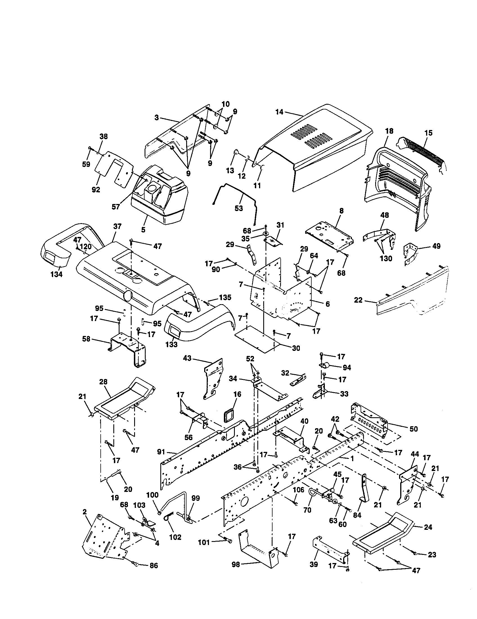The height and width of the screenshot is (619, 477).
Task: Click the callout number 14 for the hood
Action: pyautogui.click(x=279, y=112)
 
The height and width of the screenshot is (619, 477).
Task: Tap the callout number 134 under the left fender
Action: pyautogui.click(x=56, y=274)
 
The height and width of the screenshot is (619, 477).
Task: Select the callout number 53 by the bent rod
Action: pyautogui.click(x=239, y=208)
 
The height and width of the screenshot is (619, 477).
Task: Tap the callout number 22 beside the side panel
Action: pyautogui.click(x=358, y=300)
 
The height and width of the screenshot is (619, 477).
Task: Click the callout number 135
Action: pyautogui.click(x=225, y=298)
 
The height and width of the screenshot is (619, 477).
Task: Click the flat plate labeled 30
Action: pyautogui.click(x=256, y=340)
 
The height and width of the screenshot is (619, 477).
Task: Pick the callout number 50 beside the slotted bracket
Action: pyautogui.click(x=413, y=429)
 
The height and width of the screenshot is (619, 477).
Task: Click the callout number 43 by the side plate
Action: pyautogui.click(x=187, y=358)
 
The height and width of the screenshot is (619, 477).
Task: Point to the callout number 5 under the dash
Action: pyautogui.click(x=143, y=230)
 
